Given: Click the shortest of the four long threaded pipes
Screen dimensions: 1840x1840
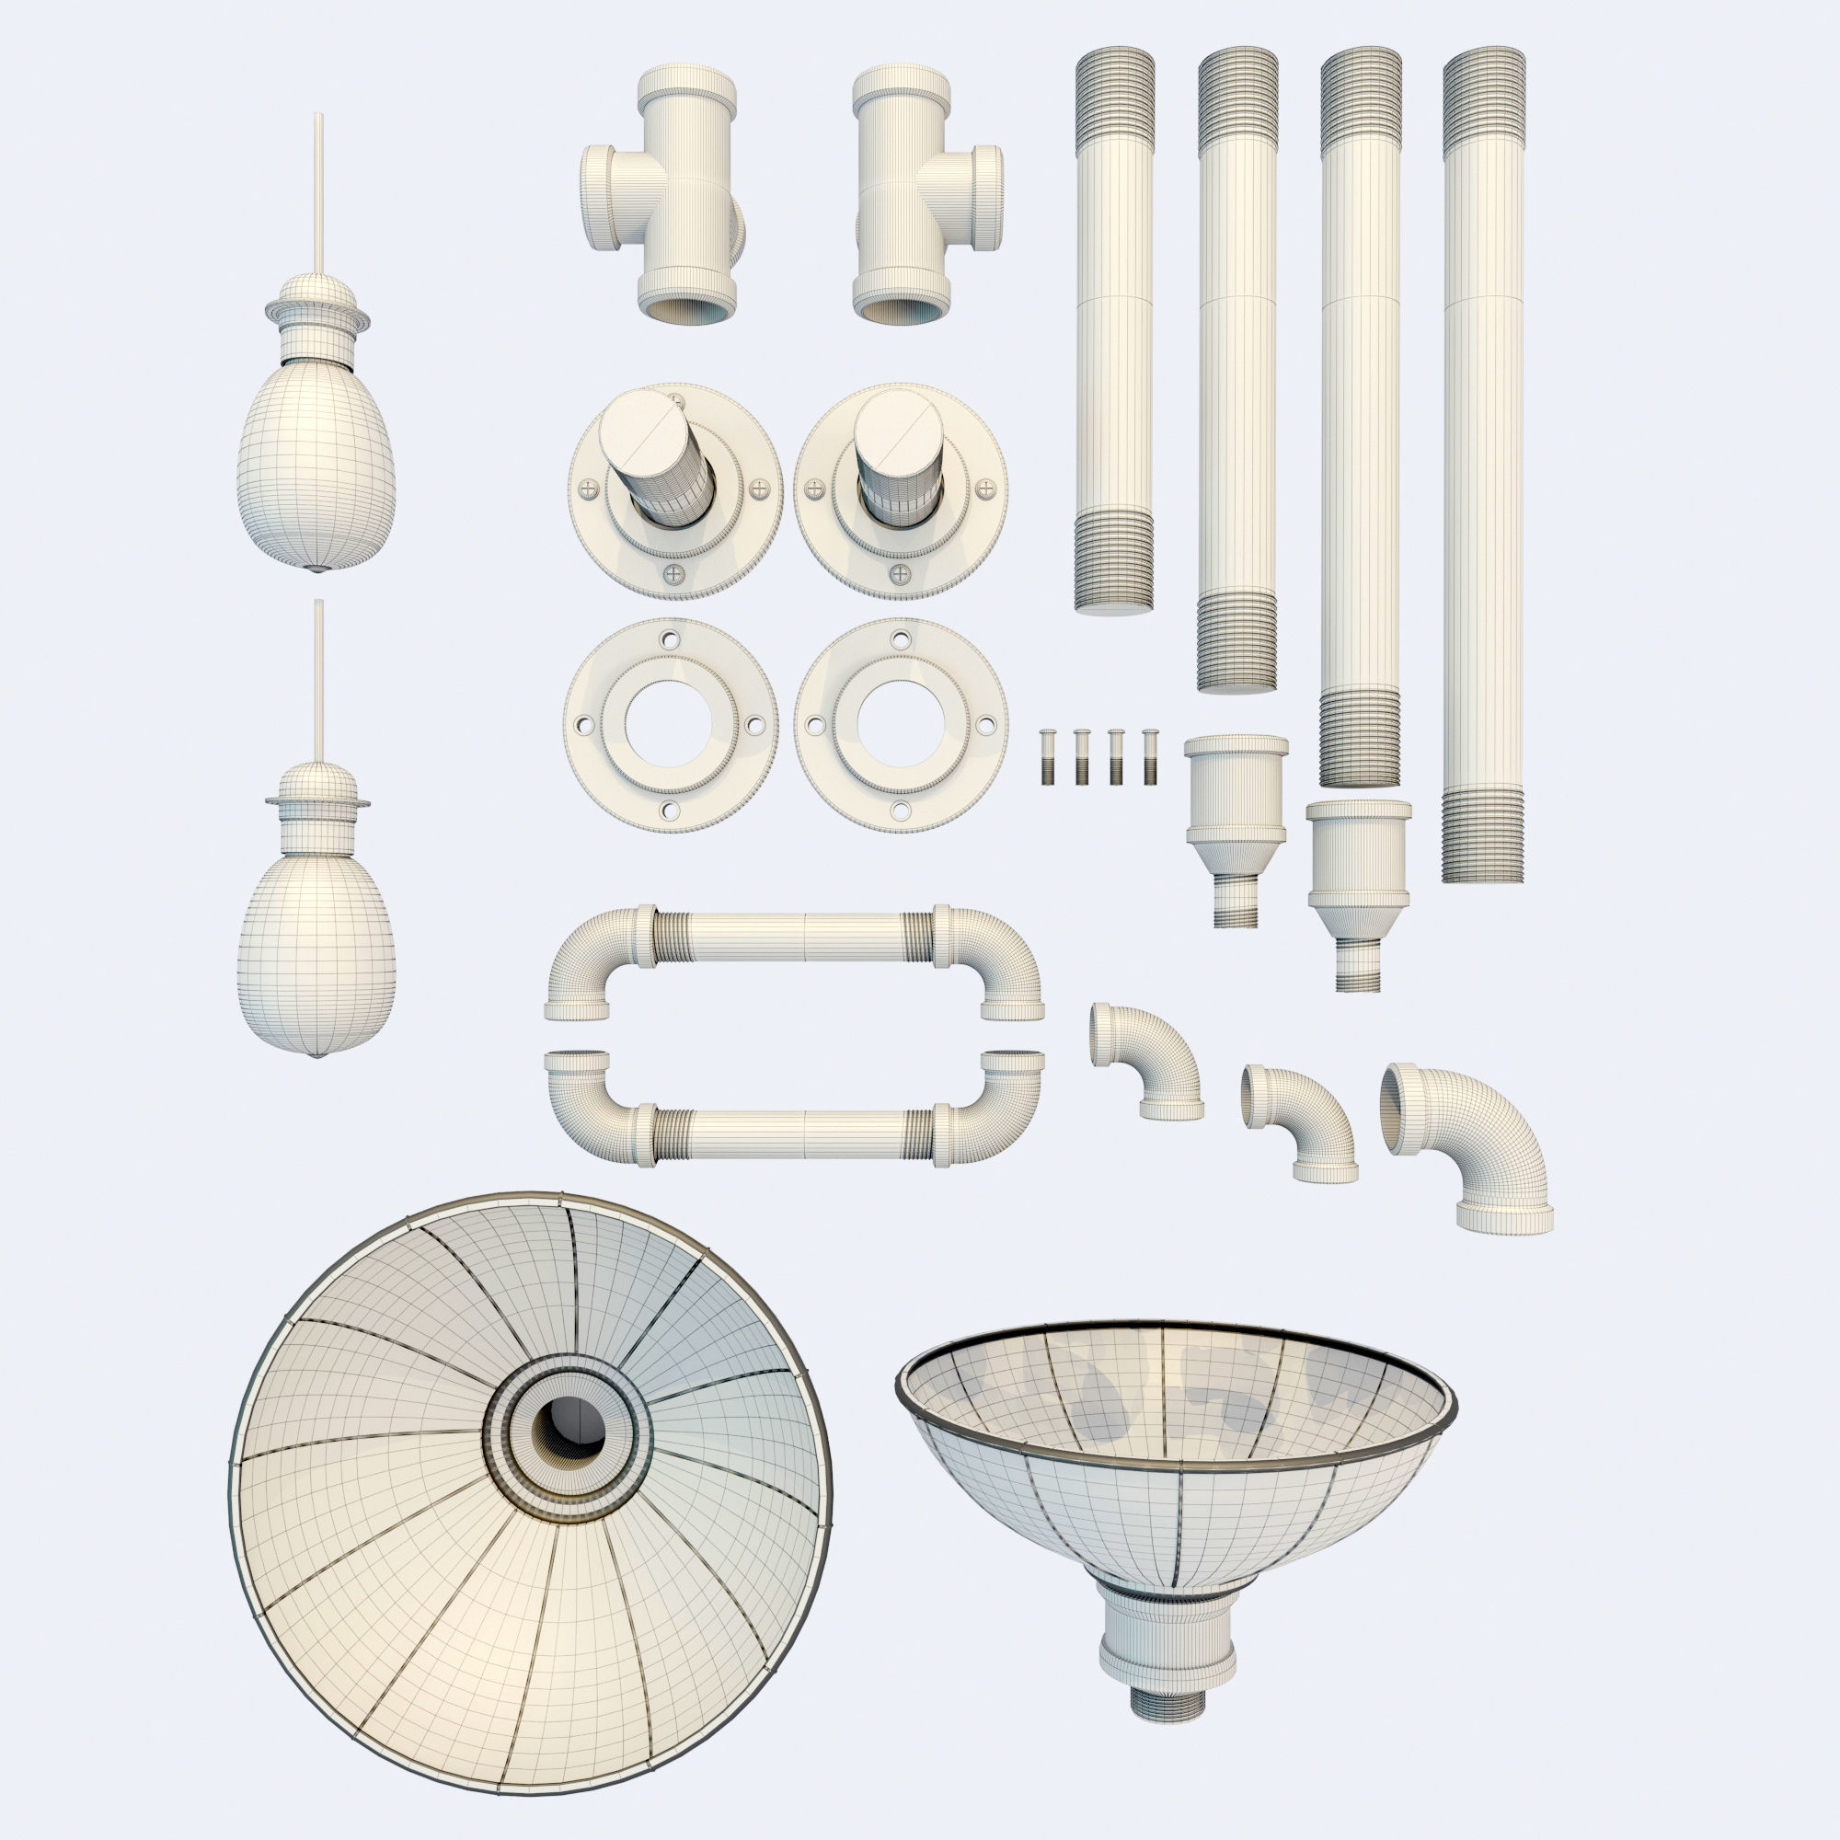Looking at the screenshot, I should (1113, 333).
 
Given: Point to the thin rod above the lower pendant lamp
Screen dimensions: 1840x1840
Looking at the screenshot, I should (318, 676).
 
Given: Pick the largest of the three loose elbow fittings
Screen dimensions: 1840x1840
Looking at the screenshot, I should (1471, 1147).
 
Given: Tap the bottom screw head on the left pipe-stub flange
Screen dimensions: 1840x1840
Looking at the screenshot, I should (675, 574).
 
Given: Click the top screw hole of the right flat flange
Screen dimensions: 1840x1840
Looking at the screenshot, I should (900, 640).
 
